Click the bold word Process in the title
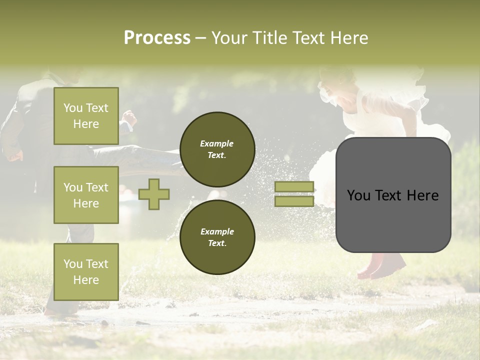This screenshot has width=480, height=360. click(157, 38)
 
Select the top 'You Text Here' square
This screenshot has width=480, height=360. click(86, 116)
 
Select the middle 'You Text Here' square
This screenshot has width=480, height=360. click(86, 195)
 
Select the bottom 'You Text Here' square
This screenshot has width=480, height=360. click(86, 271)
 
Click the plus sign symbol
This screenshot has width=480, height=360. click(154, 194)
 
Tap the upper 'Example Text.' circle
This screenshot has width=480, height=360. click(217, 149)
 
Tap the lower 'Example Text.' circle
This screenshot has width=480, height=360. click(217, 237)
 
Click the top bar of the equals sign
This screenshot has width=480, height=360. click(294, 187)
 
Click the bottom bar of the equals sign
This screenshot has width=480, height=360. click(294, 201)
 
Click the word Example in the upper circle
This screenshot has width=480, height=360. click(217, 144)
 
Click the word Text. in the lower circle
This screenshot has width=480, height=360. click(217, 243)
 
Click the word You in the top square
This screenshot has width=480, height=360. click(73, 108)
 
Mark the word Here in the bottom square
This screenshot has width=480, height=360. click(86, 280)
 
